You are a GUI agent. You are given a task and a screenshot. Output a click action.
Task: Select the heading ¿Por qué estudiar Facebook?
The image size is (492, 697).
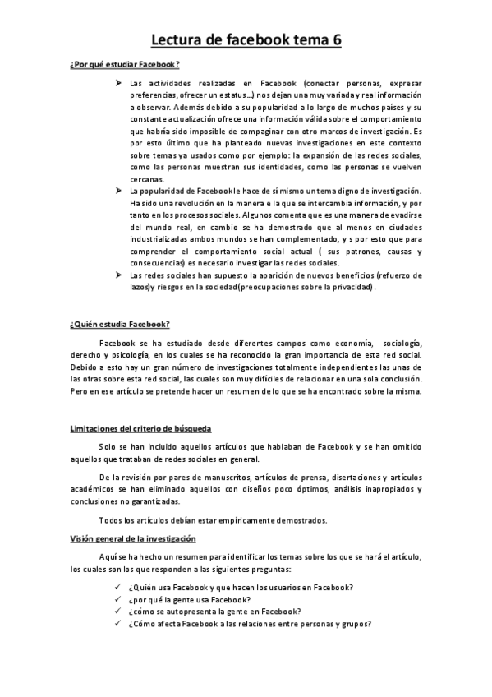(x=125, y=64)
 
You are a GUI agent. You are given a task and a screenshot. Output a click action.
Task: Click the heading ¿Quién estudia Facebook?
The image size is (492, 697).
(x=120, y=325)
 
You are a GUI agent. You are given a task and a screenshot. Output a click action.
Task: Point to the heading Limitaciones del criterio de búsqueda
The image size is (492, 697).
(x=141, y=428)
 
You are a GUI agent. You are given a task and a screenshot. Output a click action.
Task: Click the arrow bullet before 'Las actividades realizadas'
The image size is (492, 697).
(x=119, y=84)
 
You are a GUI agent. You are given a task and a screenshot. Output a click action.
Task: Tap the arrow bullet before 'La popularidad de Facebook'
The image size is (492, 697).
(x=119, y=191)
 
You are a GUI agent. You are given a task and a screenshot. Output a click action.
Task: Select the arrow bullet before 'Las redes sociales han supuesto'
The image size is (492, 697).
(x=119, y=275)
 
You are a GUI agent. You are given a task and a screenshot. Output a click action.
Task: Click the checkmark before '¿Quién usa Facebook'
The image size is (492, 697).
(x=119, y=587)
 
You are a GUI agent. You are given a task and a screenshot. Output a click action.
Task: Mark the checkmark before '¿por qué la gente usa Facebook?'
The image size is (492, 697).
(x=119, y=599)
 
